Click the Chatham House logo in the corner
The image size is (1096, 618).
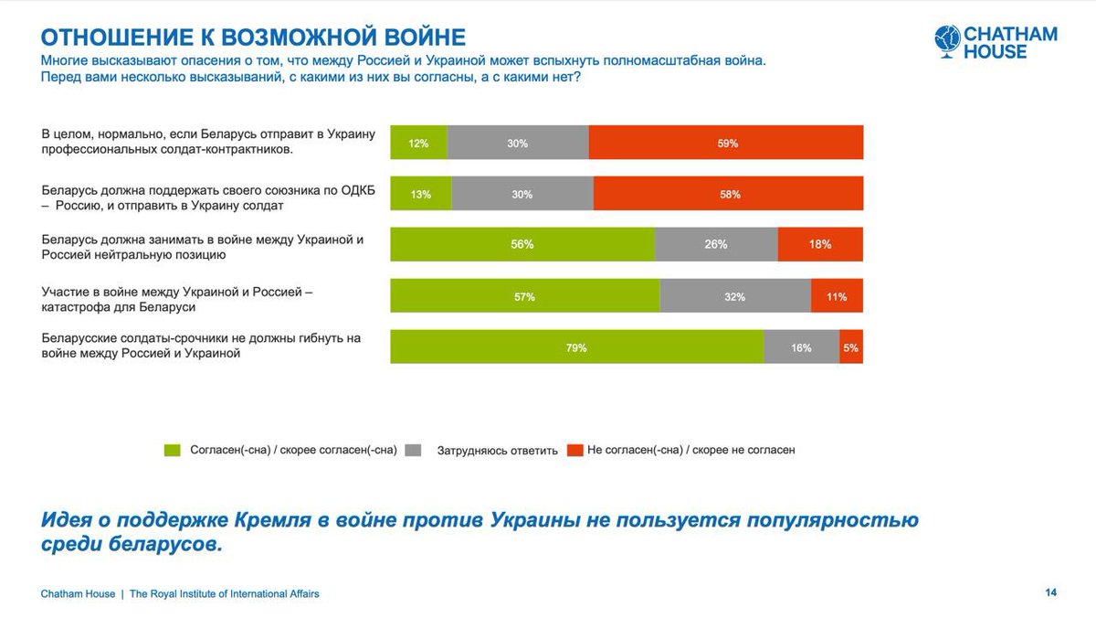[x=996, y=43]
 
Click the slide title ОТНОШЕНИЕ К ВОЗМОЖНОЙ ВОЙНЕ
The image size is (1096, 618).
[x=254, y=37]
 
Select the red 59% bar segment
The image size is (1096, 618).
[x=726, y=143]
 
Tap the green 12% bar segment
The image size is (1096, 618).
[x=419, y=143]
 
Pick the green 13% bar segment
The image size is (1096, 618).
[x=420, y=194]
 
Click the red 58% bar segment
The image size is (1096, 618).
[x=728, y=194]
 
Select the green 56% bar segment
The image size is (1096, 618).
[x=522, y=245]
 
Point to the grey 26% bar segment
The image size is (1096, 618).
[x=716, y=245]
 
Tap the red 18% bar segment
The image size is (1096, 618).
[x=820, y=245]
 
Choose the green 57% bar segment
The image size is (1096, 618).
[x=524, y=296]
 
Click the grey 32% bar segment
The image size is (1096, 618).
[x=735, y=296]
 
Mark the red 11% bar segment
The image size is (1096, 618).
[x=837, y=296]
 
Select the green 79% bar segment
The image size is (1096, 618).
[x=576, y=347]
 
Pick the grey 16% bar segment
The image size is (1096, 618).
[x=801, y=347]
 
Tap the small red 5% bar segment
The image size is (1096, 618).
[x=851, y=347]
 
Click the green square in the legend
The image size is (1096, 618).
[x=173, y=450]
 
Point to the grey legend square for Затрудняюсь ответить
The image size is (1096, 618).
[x=413, y=450]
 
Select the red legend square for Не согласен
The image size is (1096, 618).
[x=574, y=450]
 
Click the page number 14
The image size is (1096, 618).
[x=1050, y=593]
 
